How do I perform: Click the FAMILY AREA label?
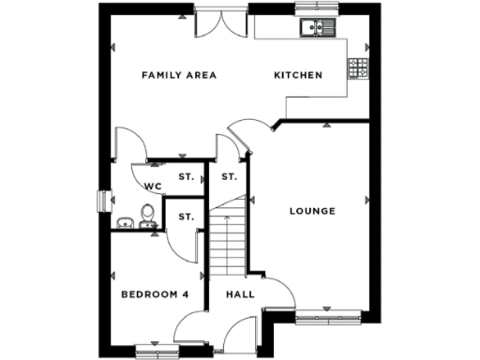tap(179, 75)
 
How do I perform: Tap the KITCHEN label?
tap(297, 75)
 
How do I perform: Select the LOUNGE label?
tap(312, 211)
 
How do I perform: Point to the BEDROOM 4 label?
tap(155, 294)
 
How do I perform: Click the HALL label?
tap(239, 294)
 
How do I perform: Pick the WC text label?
tap(154, 187)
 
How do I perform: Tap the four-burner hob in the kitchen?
tap(358, 67)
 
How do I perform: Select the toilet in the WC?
tap(146, 217)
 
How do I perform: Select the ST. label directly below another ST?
tap(187, 217)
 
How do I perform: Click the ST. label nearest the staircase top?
tap(229, 176)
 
